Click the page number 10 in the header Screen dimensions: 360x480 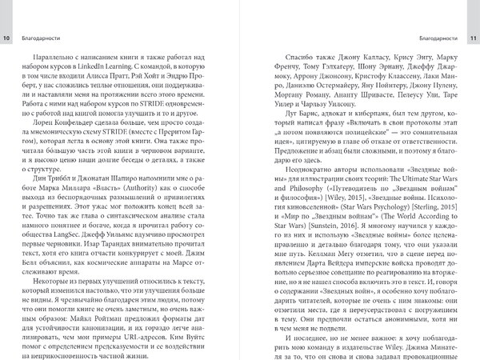point(7,38)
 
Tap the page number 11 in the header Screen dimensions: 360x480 point(473,38)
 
